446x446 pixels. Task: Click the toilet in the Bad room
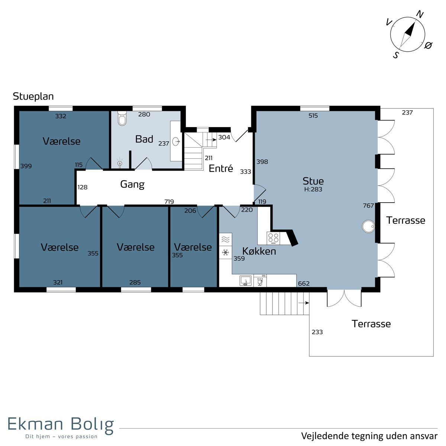(122, 118)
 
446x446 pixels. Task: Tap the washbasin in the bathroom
(176, 141)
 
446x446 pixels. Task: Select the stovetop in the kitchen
(273, 238)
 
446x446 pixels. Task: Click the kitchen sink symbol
(246, 281)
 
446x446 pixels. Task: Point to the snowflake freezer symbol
(225, 252)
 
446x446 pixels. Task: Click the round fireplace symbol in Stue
(368, 226)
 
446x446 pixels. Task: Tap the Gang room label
(132, 184)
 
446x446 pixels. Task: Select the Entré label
(221, 168)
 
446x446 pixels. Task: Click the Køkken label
(259, 251)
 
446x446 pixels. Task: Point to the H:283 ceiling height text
(313, 189)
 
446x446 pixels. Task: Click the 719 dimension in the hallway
(169, 201)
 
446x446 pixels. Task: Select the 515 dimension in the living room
(313, 116)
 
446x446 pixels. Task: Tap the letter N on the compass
(420, 14)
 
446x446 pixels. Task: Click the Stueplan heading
(33, 96)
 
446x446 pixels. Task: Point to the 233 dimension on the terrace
(317, 332)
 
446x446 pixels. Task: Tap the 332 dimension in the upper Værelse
(61, 116)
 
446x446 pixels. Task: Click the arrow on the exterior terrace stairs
(304, 303)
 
